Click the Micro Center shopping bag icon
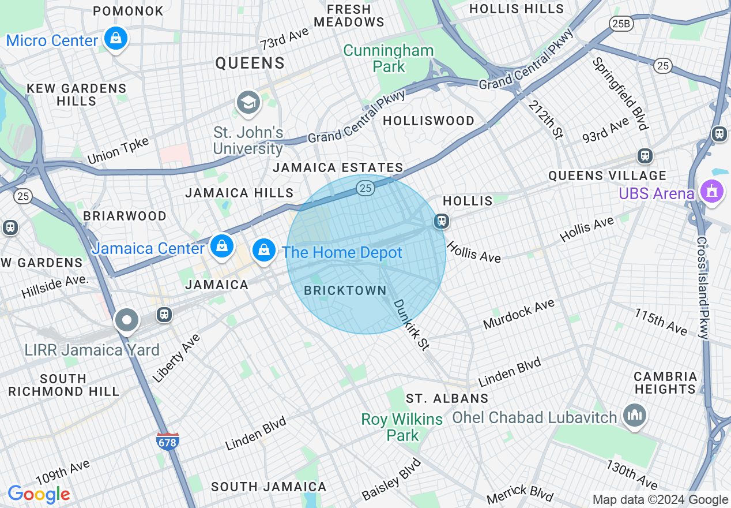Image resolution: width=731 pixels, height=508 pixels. click(x=116, y=39)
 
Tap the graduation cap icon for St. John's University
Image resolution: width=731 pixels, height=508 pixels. click(x=248, y=103)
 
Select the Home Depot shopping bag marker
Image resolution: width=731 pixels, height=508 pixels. click(x=263, y=251)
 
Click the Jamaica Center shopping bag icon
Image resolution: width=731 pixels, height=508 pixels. click(x=221, y=246)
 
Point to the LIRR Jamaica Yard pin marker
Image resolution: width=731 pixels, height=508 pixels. click(x=126, y=320)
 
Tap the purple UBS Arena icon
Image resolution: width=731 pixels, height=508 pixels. click(x=711, y=192)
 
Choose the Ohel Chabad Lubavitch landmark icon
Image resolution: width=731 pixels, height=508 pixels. click(x=634, y=416)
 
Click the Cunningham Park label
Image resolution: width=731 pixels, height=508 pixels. click(x=389, y=58)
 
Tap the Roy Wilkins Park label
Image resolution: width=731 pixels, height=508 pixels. click(x=402, y=427)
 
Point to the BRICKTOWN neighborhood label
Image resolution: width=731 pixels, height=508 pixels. click(x=345, y=290)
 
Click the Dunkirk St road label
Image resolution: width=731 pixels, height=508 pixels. click(x=412, y=324)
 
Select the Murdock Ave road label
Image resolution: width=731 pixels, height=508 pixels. click(x=519, y=314)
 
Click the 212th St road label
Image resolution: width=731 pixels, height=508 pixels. click(x=545, y=119)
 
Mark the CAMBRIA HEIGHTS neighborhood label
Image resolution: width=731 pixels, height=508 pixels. click(x=665, y=383)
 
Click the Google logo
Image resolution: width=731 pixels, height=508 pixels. click(x=39, y=495)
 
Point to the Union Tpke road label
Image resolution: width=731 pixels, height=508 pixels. click(x=118, y=151)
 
